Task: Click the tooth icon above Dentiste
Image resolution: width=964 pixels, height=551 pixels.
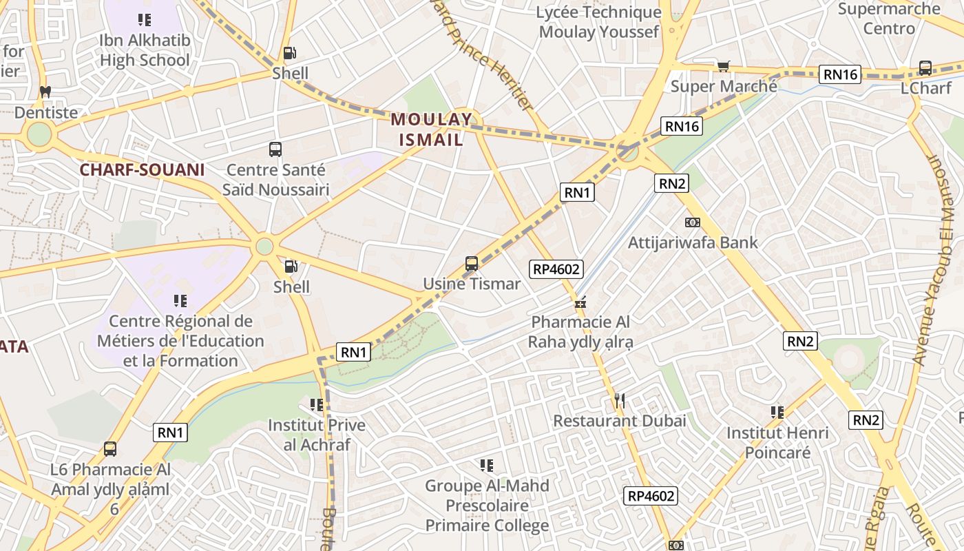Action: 45,91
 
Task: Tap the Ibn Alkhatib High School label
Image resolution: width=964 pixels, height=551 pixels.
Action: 145,50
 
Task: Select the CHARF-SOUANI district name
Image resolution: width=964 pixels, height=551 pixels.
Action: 142,169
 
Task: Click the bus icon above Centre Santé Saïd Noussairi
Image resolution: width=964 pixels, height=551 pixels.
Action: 275,149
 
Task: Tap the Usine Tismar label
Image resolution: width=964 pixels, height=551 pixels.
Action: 472,283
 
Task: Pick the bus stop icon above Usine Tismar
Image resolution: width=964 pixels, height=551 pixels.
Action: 472,263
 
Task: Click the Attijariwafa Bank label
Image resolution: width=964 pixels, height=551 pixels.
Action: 693,242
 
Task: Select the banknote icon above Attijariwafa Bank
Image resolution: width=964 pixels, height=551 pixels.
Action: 693,222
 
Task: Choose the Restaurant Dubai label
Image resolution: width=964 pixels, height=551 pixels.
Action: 620,420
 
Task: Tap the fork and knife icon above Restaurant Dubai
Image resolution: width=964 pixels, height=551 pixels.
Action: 619,400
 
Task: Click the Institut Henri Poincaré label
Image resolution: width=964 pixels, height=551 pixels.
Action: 777,443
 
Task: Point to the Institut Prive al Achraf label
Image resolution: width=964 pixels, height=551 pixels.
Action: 317,435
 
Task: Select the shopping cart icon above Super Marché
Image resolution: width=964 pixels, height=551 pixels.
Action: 723,66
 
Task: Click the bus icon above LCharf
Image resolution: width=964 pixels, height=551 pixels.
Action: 925,68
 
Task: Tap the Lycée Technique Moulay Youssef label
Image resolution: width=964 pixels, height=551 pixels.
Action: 599,22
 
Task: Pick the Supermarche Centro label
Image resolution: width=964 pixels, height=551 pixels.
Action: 889,19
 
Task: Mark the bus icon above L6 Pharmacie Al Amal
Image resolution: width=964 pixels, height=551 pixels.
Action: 110,449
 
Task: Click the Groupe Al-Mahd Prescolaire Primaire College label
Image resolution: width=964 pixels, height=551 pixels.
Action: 487,506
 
